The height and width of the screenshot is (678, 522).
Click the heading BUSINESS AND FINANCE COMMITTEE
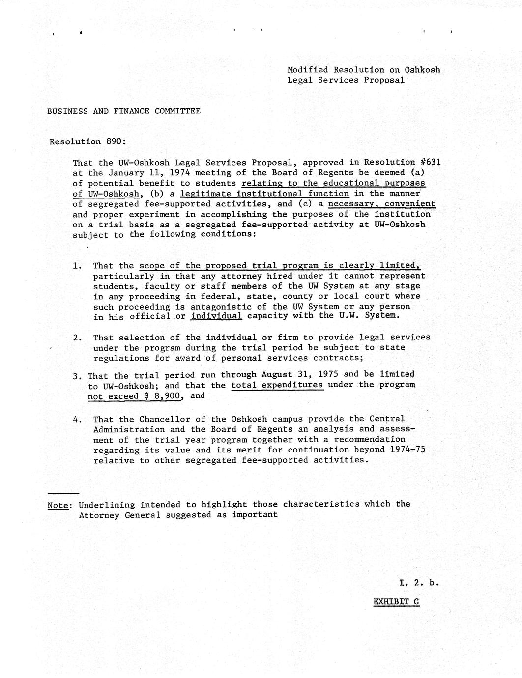[x=124, y=111]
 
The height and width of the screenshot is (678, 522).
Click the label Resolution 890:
[x=87, y=141]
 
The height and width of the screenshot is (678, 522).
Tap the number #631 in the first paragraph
[x=427, y=162]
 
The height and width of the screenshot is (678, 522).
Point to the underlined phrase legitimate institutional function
[x=264, y=194]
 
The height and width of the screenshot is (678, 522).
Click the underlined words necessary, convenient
[x=381, y=204]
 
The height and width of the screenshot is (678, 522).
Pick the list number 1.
[x=77, y=266]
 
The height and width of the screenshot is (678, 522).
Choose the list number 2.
[x=77, y=338]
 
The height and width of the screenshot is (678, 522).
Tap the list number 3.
[x=77, y=376]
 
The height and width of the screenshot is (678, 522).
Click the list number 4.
[x=77, y=420]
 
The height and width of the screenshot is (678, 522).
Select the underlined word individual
[x=216, y=316]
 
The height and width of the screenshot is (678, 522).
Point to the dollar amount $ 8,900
[x=163, y=396]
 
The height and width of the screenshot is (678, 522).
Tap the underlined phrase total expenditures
[x=277, y=385]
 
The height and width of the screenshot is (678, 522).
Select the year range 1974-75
[x=407, y=450]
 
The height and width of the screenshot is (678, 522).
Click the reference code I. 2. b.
[x=418, y=583]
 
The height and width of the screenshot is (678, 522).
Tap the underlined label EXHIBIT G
[x=396, y=601]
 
